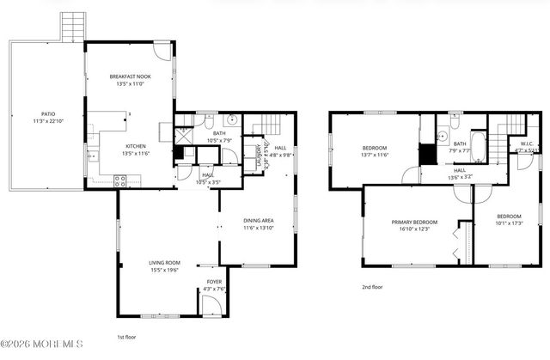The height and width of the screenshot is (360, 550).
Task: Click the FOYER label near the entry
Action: click(212, 281)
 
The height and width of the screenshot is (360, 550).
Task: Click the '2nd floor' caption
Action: click(371, 287)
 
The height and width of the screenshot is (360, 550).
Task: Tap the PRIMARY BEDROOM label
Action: click(414, 222)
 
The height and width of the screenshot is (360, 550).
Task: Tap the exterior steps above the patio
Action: click(75, 27)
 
